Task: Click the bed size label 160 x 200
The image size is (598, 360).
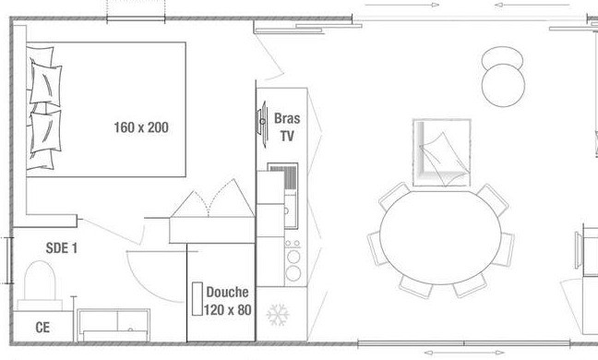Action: [141, 127]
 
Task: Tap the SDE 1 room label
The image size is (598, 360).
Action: [62, 248]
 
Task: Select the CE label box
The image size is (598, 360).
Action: [42, 327]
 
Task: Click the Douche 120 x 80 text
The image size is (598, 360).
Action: [228, 301]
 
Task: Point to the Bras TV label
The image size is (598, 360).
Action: [287, 127]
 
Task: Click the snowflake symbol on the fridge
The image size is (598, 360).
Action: [278, 315]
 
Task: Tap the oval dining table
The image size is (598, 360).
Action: [440, 237]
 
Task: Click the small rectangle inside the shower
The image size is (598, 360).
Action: [197, 298]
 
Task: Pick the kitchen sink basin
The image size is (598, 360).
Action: [290, 210]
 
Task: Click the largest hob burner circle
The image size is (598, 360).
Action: [293, 273]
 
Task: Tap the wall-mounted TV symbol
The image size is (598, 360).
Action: [262, 122]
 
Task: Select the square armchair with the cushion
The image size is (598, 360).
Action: [442, 152]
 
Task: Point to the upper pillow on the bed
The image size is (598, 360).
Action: [46, 84]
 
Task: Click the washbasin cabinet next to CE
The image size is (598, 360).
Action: [114, 325]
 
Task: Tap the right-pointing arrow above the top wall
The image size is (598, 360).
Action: [402, 5]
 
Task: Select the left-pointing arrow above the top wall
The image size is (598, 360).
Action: [532, 5]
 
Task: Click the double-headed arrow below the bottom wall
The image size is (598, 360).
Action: [464, 353]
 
